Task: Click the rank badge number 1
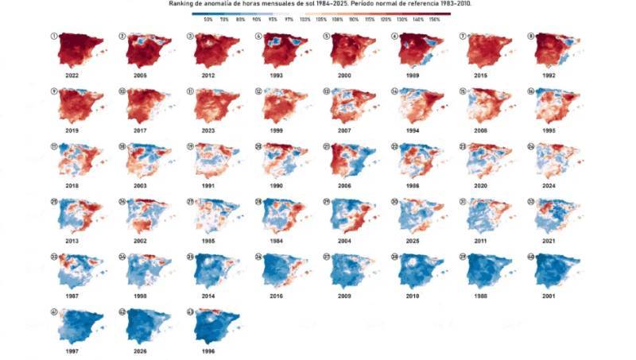(53, 37)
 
